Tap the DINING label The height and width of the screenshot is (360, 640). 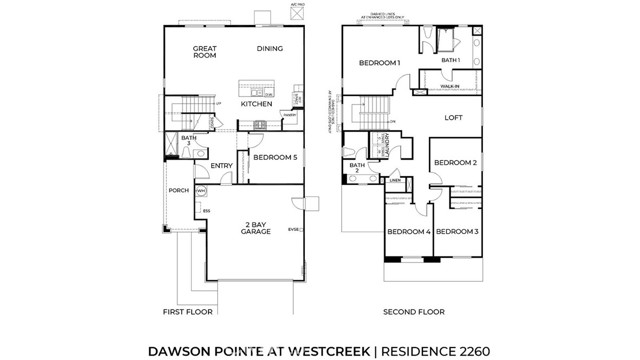(270, 48)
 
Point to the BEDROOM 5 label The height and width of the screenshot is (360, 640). (273, 158)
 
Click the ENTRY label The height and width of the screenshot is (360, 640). (221, 166)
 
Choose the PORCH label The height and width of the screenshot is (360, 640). (179, 190)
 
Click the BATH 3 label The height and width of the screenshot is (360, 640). (189, 141)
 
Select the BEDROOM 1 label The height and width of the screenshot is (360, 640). (379, 64)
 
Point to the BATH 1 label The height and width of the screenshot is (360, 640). (451, 60)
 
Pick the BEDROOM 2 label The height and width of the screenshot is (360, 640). (454, 162)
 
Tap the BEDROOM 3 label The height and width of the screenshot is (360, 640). (456, 232)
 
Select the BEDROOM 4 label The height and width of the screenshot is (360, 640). (408, 232)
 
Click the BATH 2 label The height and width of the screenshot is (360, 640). (355, 167)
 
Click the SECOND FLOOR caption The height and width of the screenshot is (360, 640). (412, 311)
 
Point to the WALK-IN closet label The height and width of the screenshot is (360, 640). (450, 87)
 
